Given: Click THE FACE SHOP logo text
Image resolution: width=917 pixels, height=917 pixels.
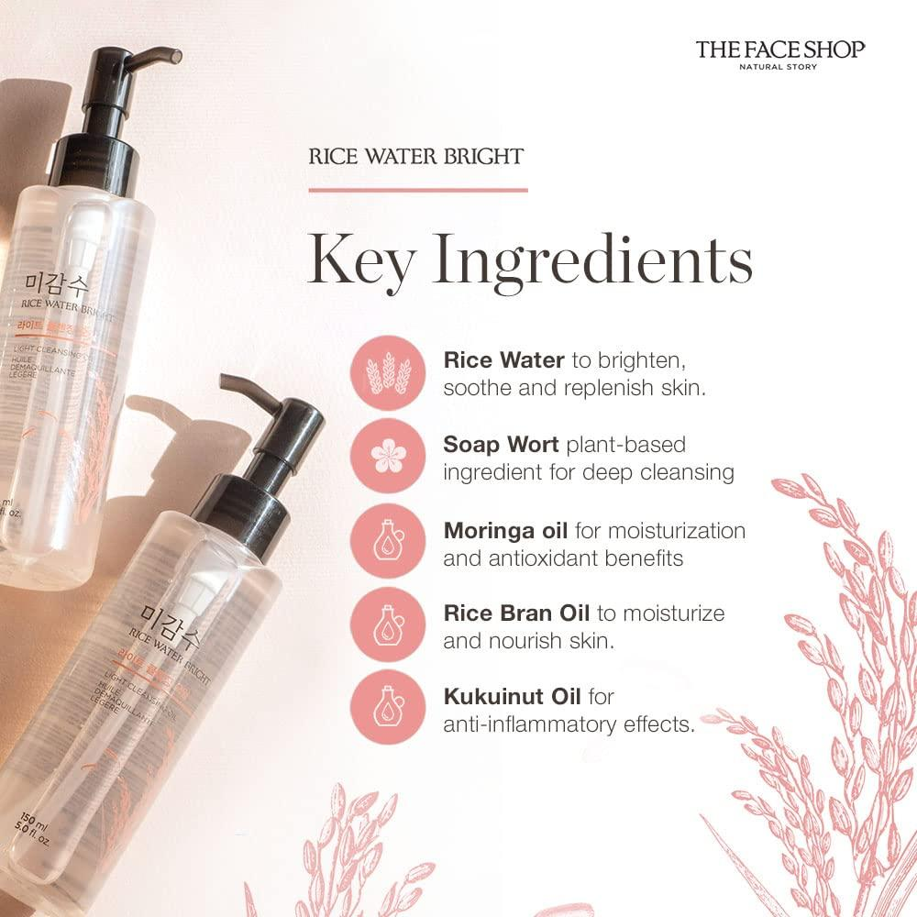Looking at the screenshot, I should [x=779, y=48].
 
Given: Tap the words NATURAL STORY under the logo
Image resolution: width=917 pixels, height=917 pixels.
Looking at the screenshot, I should [x=779, y=67].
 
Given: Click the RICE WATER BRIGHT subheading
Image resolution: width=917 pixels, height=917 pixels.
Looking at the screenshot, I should [x=416, y=157].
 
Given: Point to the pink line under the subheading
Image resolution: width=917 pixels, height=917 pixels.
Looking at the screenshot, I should [x=417, y=190].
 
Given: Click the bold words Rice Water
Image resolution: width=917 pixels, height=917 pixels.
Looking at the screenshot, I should [x=503, y=359].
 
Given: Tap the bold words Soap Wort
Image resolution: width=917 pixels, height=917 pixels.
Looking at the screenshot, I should [x=502, y=445].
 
